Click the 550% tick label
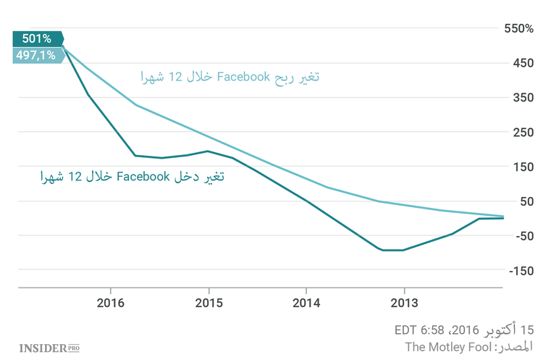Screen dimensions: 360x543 tap(518, 28)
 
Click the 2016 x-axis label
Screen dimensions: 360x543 tap(109, 301)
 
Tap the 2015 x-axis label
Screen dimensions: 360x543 tap(209, 301)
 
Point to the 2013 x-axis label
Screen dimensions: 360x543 tap(404, 301)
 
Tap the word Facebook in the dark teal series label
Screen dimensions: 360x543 tap(143, 175)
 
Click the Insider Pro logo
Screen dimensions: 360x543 tap(49, 348)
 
